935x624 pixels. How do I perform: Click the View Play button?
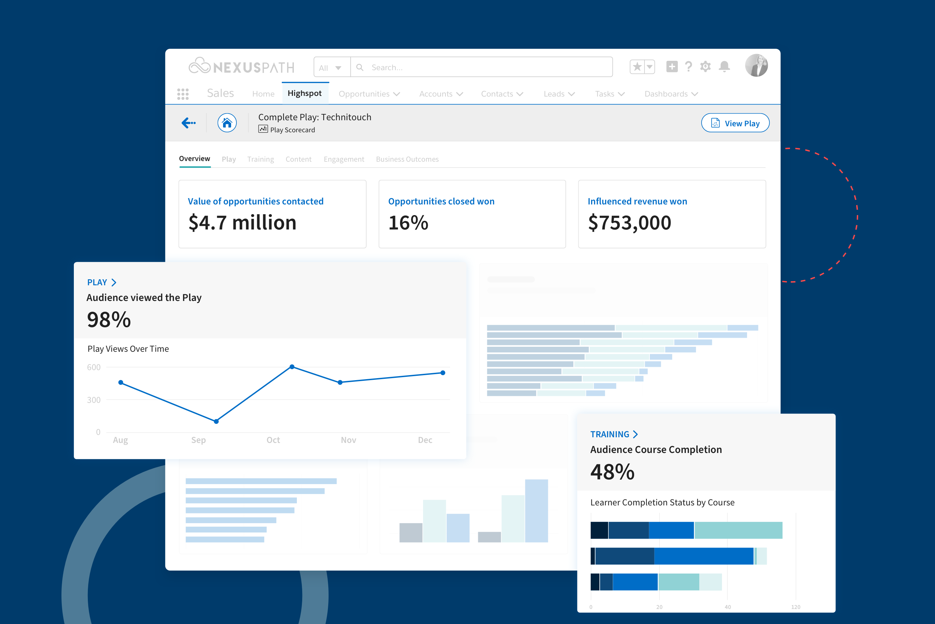pos(735,123)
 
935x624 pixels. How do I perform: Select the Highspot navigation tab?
pos(305,94)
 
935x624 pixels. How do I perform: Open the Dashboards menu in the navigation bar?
pos(671,94)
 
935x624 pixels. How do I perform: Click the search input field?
pos(481,67)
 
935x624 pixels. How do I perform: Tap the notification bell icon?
pos(724,66)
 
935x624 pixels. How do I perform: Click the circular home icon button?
pos(227,123)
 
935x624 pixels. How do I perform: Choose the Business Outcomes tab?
pos(407,159)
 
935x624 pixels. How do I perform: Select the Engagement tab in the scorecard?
pos(344,159)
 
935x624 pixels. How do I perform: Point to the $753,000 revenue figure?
pos(629,222)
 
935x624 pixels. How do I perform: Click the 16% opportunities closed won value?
pos(408,222)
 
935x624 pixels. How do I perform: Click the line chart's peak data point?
pos(292,366)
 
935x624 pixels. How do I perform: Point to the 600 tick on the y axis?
pos(94,367)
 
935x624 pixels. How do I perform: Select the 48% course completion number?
pos(612,472)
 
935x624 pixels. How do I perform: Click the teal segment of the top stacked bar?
pos(738,530)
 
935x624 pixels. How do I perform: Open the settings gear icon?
pos(705,66)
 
